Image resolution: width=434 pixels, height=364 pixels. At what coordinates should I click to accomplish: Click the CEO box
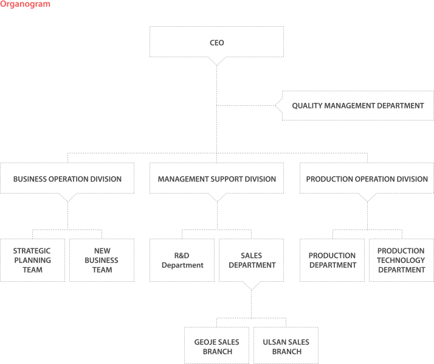tap(217, 42)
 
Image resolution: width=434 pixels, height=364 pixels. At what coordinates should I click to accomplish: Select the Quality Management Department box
tap(357, 106)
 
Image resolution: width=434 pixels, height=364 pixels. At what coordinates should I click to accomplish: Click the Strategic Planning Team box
tap(32, 260)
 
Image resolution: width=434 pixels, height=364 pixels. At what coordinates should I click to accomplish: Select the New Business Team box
tap(102, 260)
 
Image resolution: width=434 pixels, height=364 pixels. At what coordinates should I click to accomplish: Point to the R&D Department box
tap(182, 260)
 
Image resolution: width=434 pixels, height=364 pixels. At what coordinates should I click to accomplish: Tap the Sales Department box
tap(251, 260)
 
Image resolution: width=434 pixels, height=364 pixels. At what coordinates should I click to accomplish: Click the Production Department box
tap(332, 260)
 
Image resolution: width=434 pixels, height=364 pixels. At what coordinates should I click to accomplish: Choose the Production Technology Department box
tap(401, 260)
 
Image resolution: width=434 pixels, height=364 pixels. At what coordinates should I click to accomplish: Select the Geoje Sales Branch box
tap(217, 345)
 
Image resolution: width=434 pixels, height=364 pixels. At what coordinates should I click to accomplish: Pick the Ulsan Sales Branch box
tap(286, 345)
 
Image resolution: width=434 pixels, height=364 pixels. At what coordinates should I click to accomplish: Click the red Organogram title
tap(25, 4)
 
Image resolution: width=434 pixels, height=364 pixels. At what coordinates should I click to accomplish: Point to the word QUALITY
tap(307, 106)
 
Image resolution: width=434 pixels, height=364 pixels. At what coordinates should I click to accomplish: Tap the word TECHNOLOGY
tap(401, 260)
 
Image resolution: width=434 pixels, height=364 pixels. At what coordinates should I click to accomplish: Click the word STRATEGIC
tap(32, 251)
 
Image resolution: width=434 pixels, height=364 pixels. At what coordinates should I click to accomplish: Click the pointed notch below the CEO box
tap(217, 66)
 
